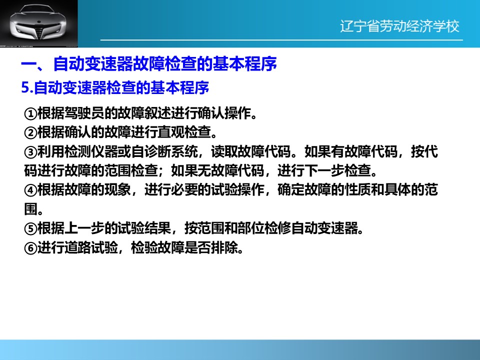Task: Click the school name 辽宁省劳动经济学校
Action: point(399,26)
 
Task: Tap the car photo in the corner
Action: point(39,23)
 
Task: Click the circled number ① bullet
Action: point(30,114)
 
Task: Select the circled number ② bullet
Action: point(30,133)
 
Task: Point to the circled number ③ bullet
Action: point(30,152)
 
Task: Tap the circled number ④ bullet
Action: point(30,190)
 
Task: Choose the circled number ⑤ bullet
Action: point(30,228)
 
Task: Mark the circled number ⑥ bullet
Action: point(30,248)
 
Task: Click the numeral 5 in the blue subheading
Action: point(25,88)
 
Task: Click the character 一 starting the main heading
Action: point(29,64)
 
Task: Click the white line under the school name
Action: point(281,40)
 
